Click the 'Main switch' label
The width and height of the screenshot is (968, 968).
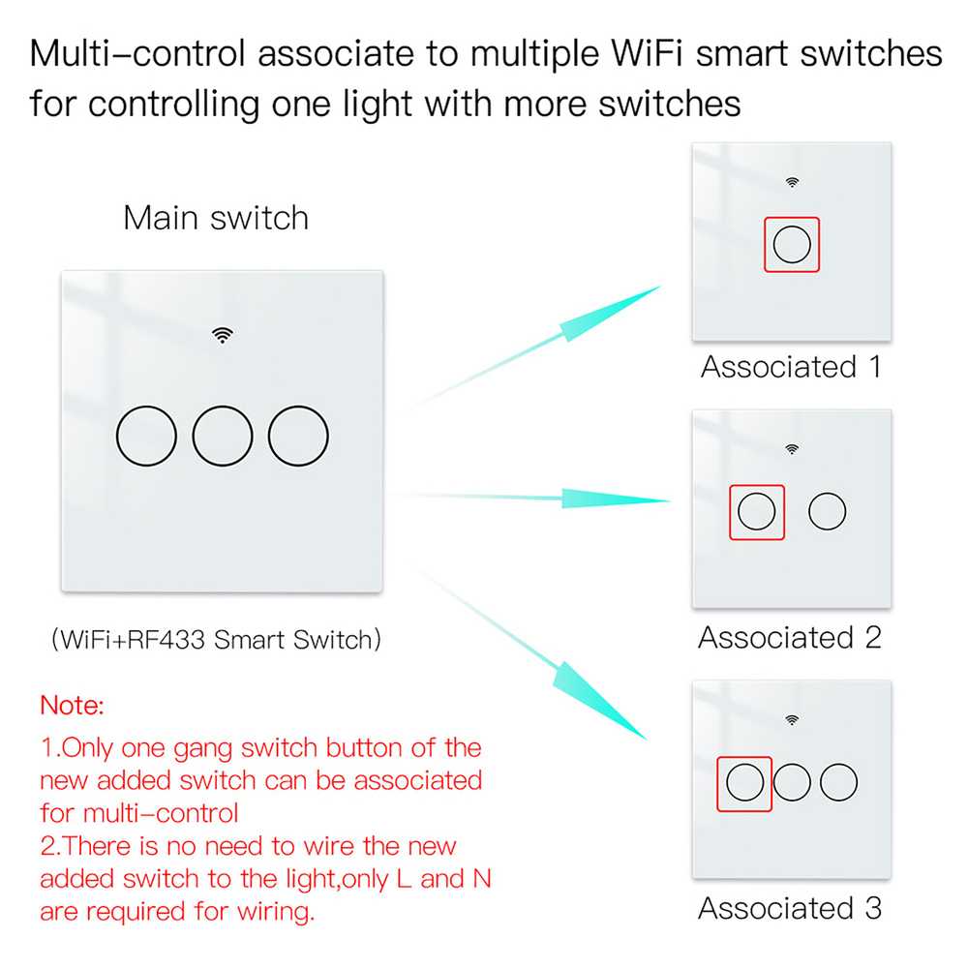click(x=216, y=218)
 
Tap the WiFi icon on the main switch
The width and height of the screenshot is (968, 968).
click(x=224, y=335)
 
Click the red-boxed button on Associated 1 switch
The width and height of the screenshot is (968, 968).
click(x=792, y=245)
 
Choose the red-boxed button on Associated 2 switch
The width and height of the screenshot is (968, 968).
click(x=756, y=511)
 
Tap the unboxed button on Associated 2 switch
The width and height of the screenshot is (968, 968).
click(x=827, y=511)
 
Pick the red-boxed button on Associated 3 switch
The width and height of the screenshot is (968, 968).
click(x=744, y=782)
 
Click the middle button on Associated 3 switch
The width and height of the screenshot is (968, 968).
click(x=792, y=782)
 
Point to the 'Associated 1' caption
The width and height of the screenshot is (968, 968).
click(x=791, y=368)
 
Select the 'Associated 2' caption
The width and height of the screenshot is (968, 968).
click(x=791, y=638)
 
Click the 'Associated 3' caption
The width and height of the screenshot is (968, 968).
click(x=791, y=909)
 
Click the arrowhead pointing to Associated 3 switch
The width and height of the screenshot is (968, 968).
click(x=624, y=712)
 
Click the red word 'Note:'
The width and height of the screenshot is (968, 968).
click(x=72, y=706)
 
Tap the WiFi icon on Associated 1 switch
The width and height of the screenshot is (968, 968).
click(x=792, y=181)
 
